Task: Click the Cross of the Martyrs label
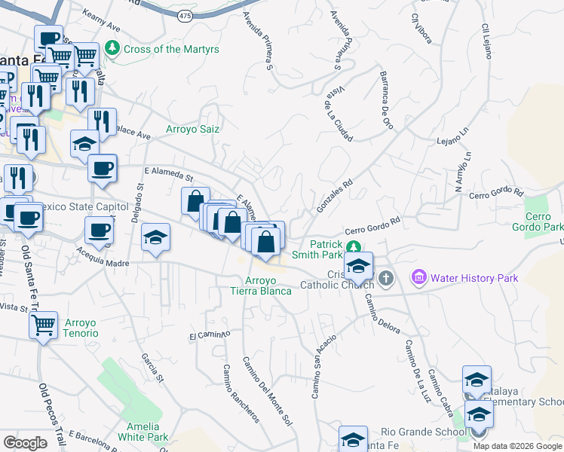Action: [171, 49]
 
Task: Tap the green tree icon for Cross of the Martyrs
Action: [112, 49]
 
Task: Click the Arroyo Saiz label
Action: [192, 129]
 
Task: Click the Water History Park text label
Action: [474, 278]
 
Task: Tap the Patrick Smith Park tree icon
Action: [352, 246]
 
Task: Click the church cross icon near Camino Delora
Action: [386, 279]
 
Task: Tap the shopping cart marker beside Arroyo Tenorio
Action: [44, 326]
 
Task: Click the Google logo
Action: [25, 443]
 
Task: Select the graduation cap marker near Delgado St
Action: [156, 238]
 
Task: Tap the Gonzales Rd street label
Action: [336, 194]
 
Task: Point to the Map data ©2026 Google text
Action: [518, 446]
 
